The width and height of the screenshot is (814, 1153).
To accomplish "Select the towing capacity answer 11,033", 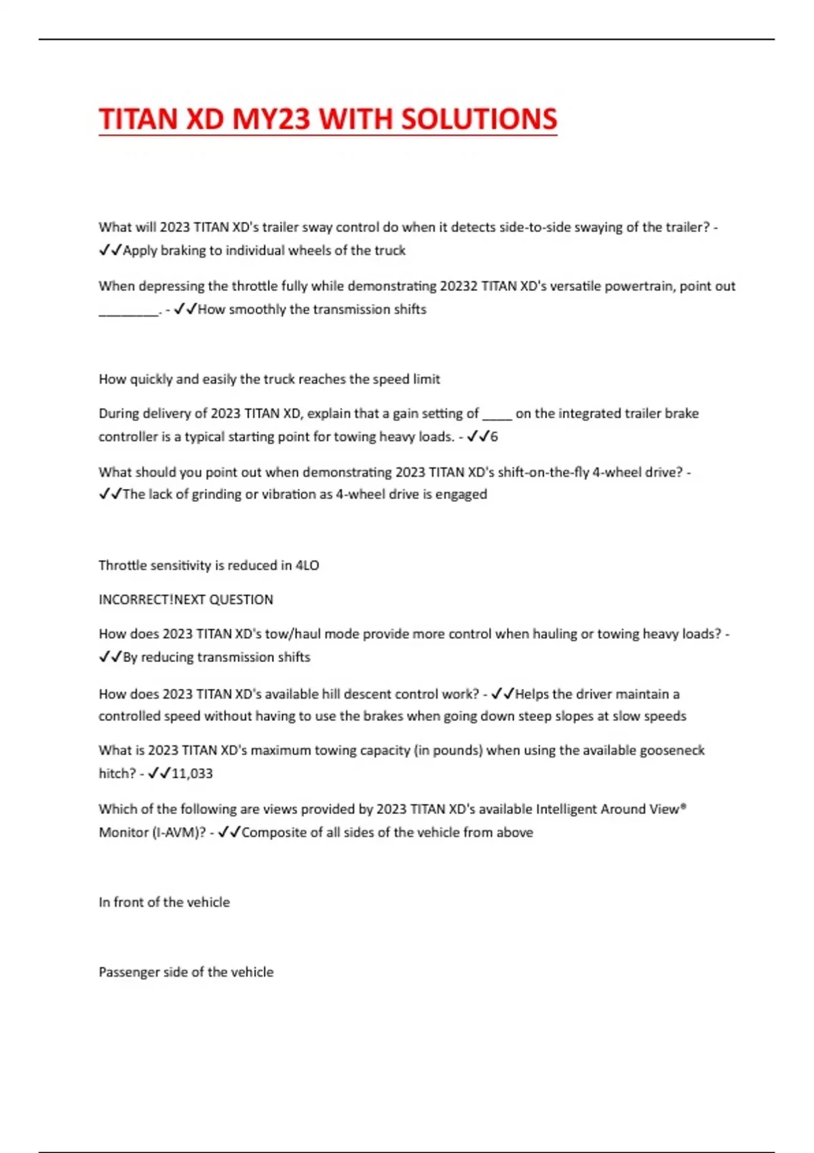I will point(193,773).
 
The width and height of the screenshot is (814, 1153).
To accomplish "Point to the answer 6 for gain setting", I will point(495,437).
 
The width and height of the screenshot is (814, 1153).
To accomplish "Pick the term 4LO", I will point(307,565).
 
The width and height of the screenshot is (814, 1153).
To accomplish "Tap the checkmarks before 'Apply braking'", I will point(110,250).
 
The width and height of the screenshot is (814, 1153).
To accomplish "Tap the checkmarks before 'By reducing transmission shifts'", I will point(110,657).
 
